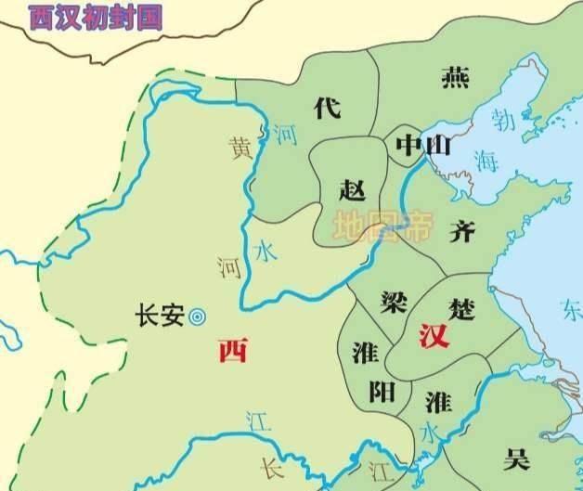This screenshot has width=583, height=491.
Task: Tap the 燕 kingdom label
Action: click(455, 78)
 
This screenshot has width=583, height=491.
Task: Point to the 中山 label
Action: click(422, 146)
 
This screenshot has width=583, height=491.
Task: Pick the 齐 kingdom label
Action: click(461, 232)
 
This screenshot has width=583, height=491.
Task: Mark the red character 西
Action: click(233, 351)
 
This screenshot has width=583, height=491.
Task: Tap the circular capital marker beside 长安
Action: click(197, 317)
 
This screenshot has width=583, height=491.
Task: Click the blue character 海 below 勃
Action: click(487, 160)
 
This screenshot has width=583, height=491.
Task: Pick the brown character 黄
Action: click(241, 148)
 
